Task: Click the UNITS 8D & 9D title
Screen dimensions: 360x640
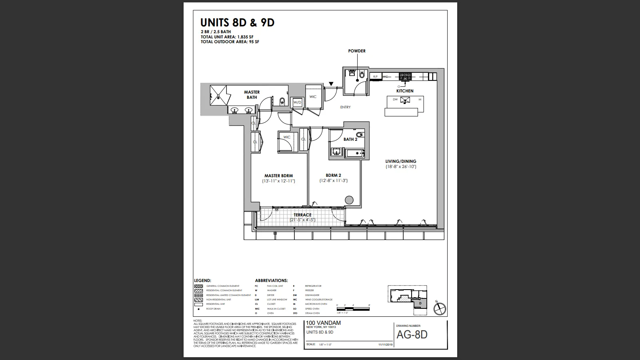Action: click(x=238, y=23)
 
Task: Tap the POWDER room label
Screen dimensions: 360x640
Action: click(x=357, y=51)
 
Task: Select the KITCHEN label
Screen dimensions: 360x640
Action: click(x=405, y=91)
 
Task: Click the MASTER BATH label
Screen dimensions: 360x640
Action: click(x=252, y=95)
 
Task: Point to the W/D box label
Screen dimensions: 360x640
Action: click(x=297, y=103)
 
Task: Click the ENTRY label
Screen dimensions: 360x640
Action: click(x=345, y=107)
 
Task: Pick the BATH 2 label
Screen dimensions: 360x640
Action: click(x=350, y=140)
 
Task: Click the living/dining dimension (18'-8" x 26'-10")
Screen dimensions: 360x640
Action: click(x=401, y=166)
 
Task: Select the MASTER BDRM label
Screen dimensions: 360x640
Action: click(x=278, y=176)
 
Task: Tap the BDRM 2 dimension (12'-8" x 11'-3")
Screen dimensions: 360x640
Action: click(x=333, y=181)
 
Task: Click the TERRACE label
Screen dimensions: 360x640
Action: click(x=302, y=215)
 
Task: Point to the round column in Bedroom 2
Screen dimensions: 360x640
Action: click(x=349, y=200)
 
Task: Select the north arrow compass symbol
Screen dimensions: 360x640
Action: click(x=440, y=308)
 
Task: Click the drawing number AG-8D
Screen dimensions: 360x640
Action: click(x=412, y=335)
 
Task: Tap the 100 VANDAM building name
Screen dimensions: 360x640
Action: click(x=323, y=323)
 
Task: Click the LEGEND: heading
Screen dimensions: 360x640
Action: click(x=202, y=281)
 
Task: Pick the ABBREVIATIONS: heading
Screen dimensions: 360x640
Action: click(x=271, y=281)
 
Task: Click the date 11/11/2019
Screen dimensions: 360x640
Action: click(x=386, y=344)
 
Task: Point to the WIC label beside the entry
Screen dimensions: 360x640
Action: click(x=313, y=97)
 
